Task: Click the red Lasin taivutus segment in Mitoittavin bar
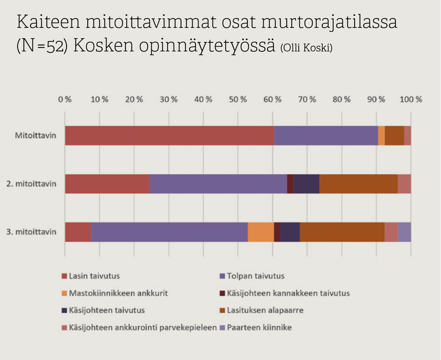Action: coord(169,135)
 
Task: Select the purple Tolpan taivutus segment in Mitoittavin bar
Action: coord(326,135)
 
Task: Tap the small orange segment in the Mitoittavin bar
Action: coord(381,135)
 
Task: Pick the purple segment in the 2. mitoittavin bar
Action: coord(218,184)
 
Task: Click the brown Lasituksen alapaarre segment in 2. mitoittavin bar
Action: coord(358,184)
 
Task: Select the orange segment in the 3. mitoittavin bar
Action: coord(261,232)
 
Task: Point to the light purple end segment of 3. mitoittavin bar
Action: coord(404,232)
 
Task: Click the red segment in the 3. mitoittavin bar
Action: coord(78,232)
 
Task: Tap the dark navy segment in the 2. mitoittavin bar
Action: coord(306,184)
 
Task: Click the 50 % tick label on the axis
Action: coord(238,99)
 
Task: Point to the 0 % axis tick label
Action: coord(65,99)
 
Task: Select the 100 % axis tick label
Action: coord(410,99)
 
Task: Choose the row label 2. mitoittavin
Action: coord(31,184)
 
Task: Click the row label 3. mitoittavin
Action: coord(31,232)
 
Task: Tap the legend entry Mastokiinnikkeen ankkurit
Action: coord(118,293)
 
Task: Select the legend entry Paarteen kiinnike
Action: coord(259,328)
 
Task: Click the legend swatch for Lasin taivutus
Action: coord(64,276)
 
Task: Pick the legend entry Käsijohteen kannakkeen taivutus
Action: coord(288,293)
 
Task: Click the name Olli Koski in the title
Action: coord(306,49)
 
